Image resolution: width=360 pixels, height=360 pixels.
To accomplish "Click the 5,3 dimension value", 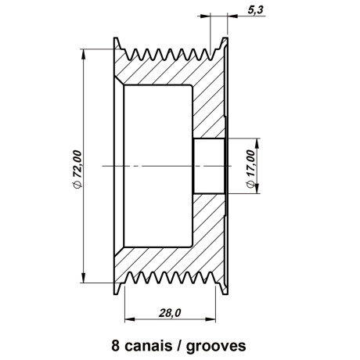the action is (256, 9).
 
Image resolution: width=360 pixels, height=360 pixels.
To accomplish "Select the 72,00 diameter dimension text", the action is (77, 164).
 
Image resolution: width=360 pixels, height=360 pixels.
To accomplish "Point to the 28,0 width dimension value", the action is (170, 312).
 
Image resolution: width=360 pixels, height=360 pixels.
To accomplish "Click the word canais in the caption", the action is (149, 346).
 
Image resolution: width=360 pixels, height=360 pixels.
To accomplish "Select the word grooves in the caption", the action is (216, 347).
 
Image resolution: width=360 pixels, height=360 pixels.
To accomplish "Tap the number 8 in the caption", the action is (116, 346).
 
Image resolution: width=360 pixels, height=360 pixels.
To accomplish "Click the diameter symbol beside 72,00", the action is (77, 185).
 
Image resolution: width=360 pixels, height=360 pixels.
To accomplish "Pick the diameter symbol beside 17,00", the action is (250, 185).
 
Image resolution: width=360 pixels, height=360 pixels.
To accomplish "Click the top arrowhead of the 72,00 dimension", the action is (84, 54).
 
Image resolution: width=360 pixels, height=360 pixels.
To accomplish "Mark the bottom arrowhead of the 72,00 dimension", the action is (84, 278).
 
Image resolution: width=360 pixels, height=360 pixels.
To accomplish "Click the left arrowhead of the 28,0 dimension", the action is (130, 319).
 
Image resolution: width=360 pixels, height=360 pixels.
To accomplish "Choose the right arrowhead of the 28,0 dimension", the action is (211, 319).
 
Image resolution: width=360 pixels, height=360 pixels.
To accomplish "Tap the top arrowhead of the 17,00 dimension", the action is (257, 143).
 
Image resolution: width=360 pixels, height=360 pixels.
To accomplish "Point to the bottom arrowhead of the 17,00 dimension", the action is (257, 189).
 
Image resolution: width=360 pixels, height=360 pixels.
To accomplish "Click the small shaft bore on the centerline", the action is (209, 166).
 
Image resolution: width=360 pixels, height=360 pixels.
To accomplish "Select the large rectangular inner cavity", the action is (158, 166).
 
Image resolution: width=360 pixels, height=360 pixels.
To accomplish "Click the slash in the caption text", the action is (179, 346).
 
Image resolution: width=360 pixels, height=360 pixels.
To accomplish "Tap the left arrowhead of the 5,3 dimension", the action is (205, 16).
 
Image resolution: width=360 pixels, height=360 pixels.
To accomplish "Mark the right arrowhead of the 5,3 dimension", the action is (232, 16).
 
